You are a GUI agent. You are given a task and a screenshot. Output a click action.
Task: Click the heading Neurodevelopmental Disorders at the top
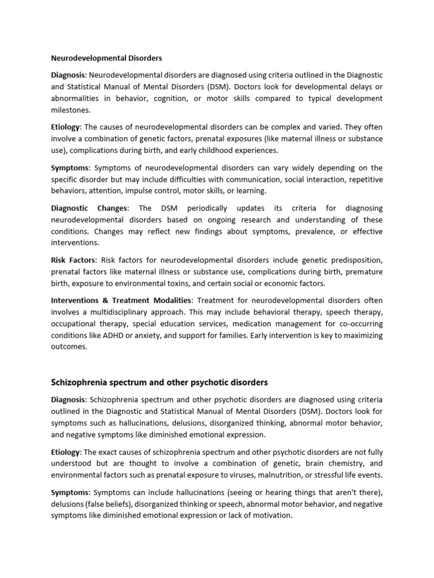[107, 58]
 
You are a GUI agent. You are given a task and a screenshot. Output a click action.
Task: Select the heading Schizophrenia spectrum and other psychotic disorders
[159, 382]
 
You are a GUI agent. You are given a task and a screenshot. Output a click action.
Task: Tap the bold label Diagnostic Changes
[90, 208]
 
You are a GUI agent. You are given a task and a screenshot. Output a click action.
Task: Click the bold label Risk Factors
[73, 260]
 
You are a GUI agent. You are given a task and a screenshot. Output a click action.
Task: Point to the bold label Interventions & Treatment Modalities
[121, 301]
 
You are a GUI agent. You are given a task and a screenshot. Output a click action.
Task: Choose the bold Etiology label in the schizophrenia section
[66, 452]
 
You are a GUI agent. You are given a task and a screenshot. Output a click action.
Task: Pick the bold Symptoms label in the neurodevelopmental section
[70, 168]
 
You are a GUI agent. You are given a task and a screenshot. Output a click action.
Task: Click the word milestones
[71, 110]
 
